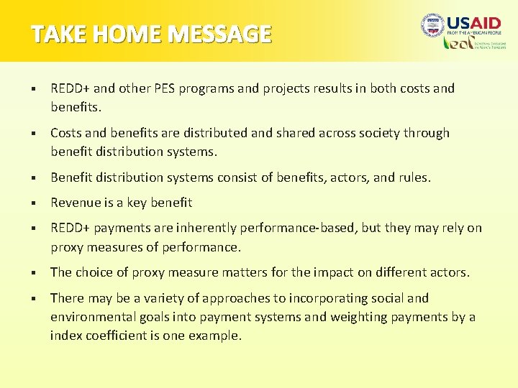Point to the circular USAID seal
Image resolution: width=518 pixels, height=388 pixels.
(432, 27)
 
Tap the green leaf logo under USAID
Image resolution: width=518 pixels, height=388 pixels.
(455, 43)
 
